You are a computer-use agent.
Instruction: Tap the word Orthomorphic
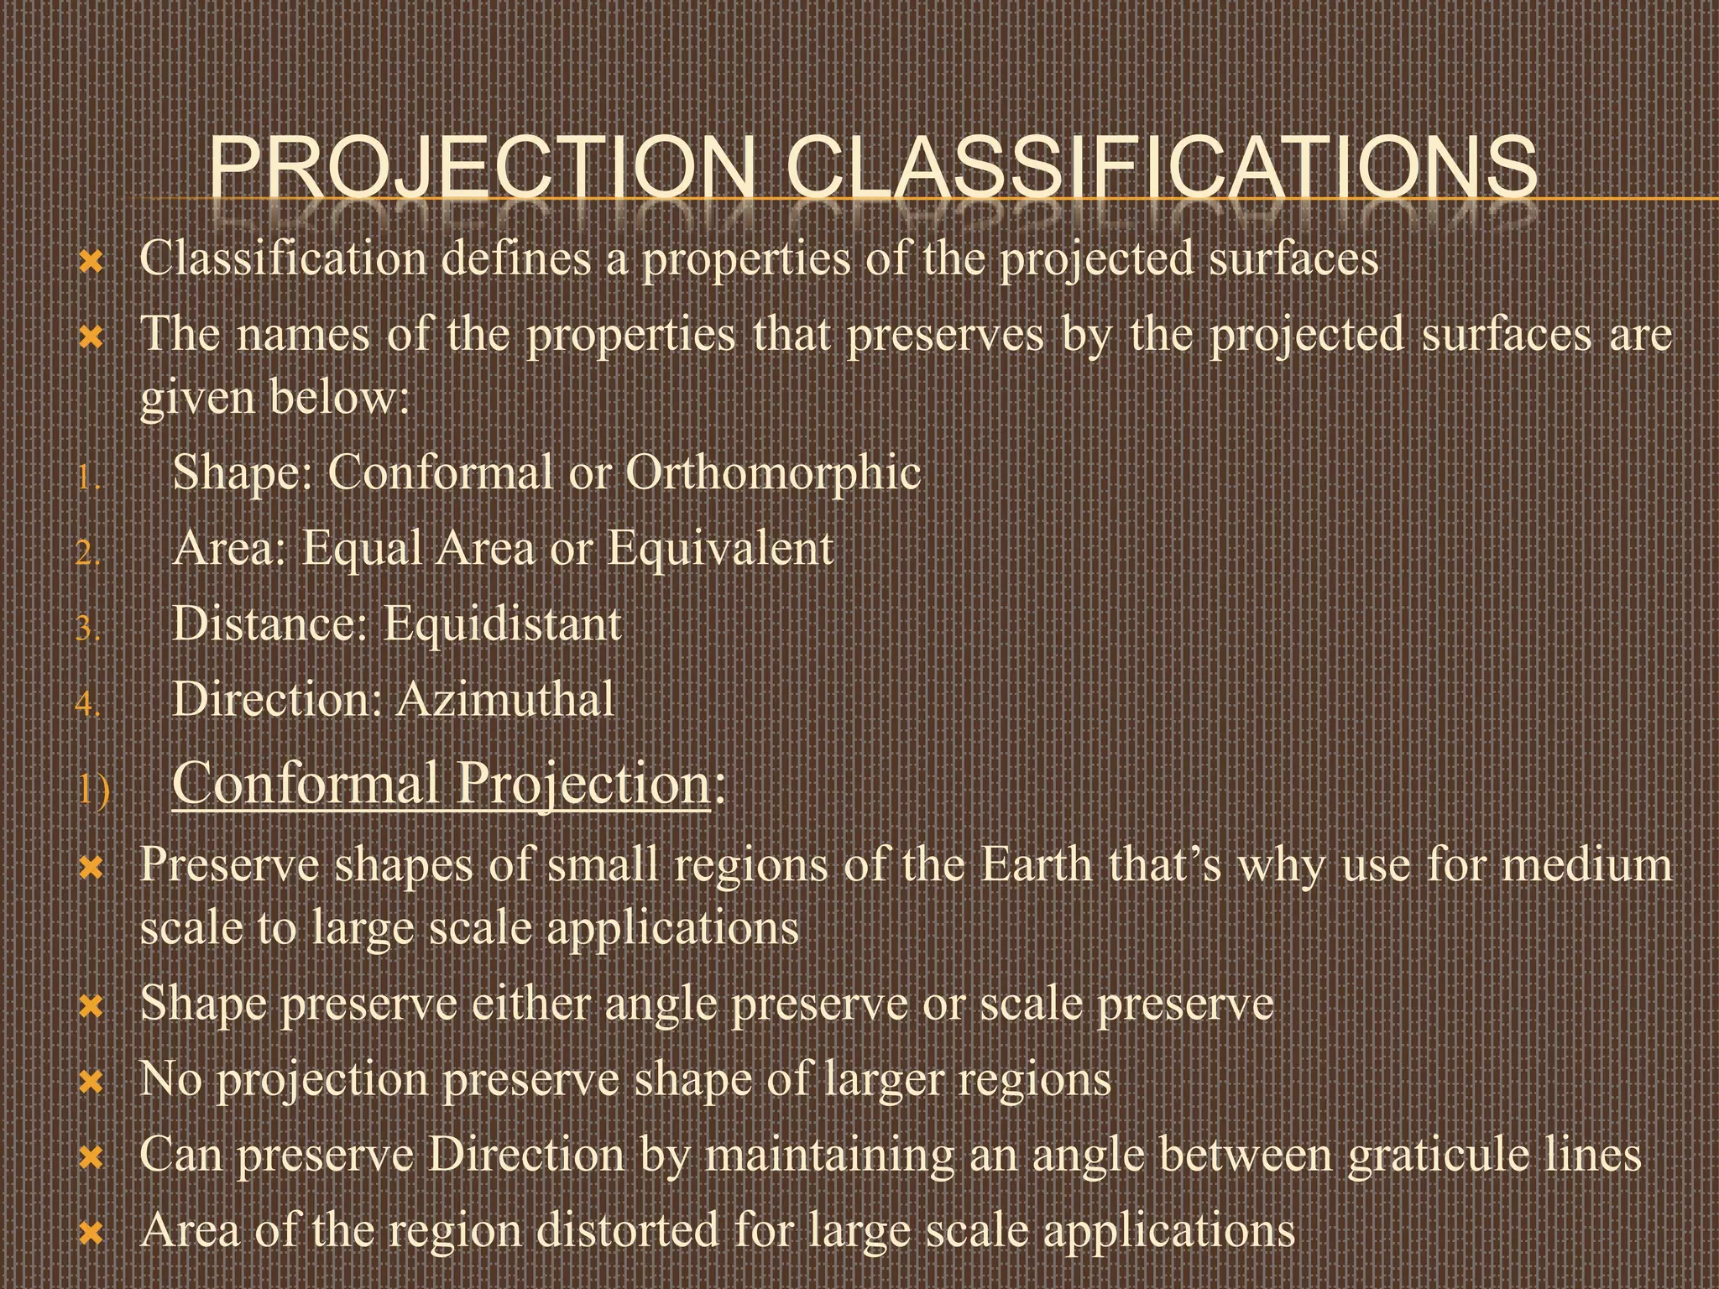[773, 472]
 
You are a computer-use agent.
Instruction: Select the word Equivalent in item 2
[720, 549]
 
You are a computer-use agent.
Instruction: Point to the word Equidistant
[502, 624]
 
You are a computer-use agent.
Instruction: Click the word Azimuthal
[505, 700]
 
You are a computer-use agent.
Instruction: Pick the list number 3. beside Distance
[88, 629]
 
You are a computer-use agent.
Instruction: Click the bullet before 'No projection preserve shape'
[90, 1083]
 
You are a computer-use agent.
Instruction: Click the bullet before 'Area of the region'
[90, 1234]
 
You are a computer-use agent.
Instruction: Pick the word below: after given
[339, 397]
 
